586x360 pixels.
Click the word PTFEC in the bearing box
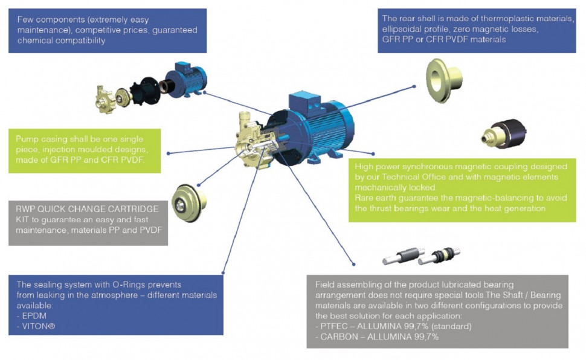337,327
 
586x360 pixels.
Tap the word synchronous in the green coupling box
430,166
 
